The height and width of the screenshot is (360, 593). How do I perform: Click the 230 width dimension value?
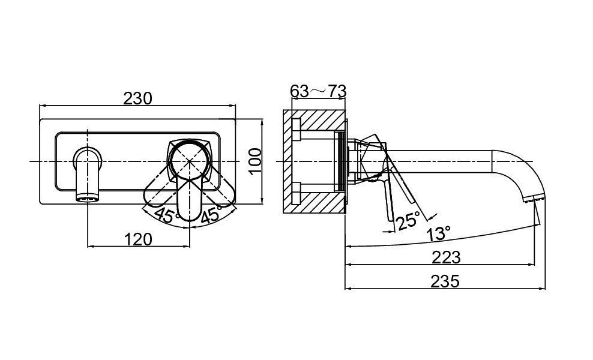coord(137,98)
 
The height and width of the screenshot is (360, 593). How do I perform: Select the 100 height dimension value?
coord(256,161)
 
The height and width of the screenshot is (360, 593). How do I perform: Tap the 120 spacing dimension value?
coord(139,239)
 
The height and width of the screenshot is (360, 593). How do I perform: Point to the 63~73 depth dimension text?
coord(318,91)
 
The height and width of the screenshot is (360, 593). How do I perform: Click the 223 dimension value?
coord(447,257)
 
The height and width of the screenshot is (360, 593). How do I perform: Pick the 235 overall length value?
coord(445,281)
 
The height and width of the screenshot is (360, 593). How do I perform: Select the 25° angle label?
coord(408,220)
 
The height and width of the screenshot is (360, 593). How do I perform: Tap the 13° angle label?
coord(438,233)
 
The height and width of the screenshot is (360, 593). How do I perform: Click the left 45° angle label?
coord(166,215)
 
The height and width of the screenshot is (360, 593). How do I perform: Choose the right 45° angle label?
coord(211,215)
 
